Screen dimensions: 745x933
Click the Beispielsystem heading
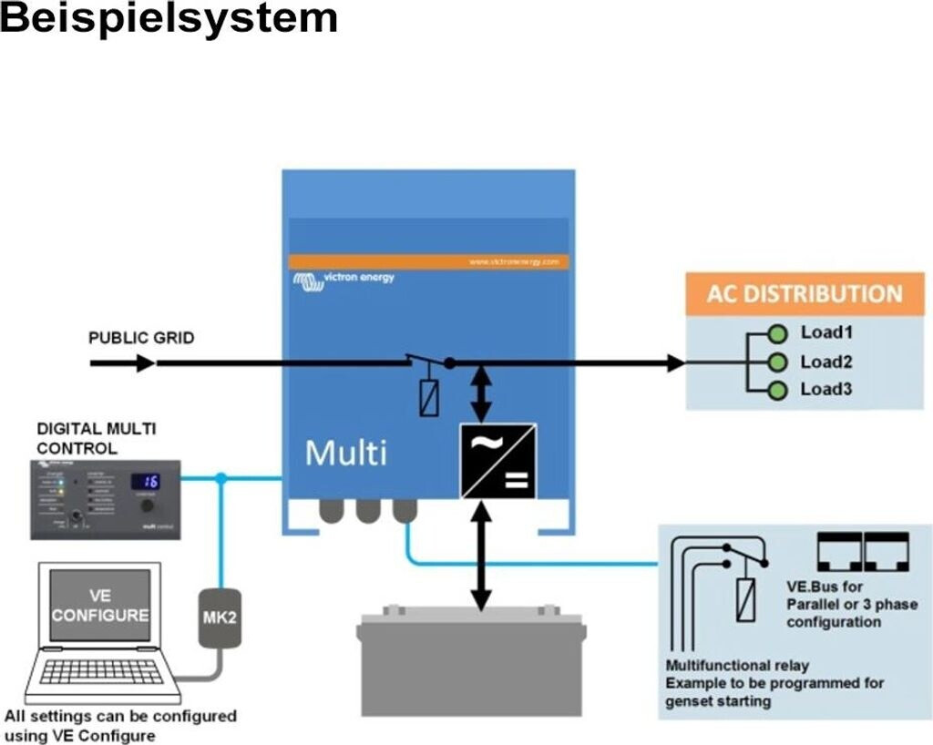(x=169, y=18)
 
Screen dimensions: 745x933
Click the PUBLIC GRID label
(x=141, y=338)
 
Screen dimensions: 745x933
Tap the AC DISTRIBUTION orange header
(x=805, y=294)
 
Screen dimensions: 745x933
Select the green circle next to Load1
(x=777, y=332)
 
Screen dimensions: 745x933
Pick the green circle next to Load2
(x=777, y=362)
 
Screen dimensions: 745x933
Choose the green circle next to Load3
(x=777, y=392)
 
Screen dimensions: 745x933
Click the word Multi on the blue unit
(x=345, y=453)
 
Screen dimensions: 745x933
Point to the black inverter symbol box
(x=498, y=461)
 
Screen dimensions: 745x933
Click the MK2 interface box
(x=220, y=617)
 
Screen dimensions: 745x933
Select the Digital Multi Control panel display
(x=146, y=481)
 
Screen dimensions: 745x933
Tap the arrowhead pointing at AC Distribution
(x=675, y=363)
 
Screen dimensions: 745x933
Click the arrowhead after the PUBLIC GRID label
(x=145, y=363)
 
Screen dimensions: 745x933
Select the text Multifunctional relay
(x=737, y=666)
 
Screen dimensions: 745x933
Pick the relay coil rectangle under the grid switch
(x=428, y=397)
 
